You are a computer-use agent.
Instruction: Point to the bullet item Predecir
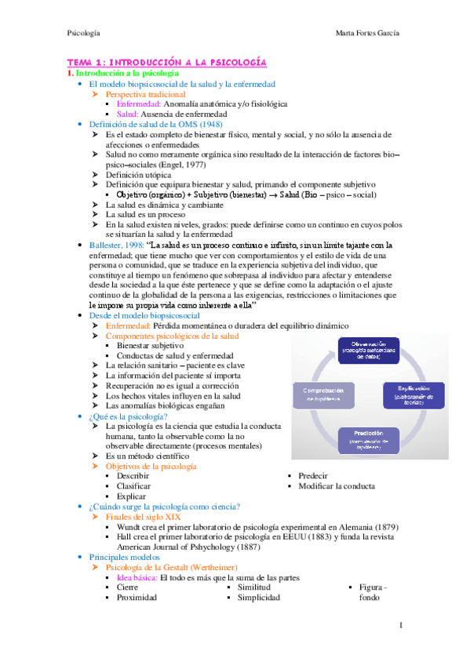pos(315,476)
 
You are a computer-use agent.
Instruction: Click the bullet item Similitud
pos(254,587)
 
